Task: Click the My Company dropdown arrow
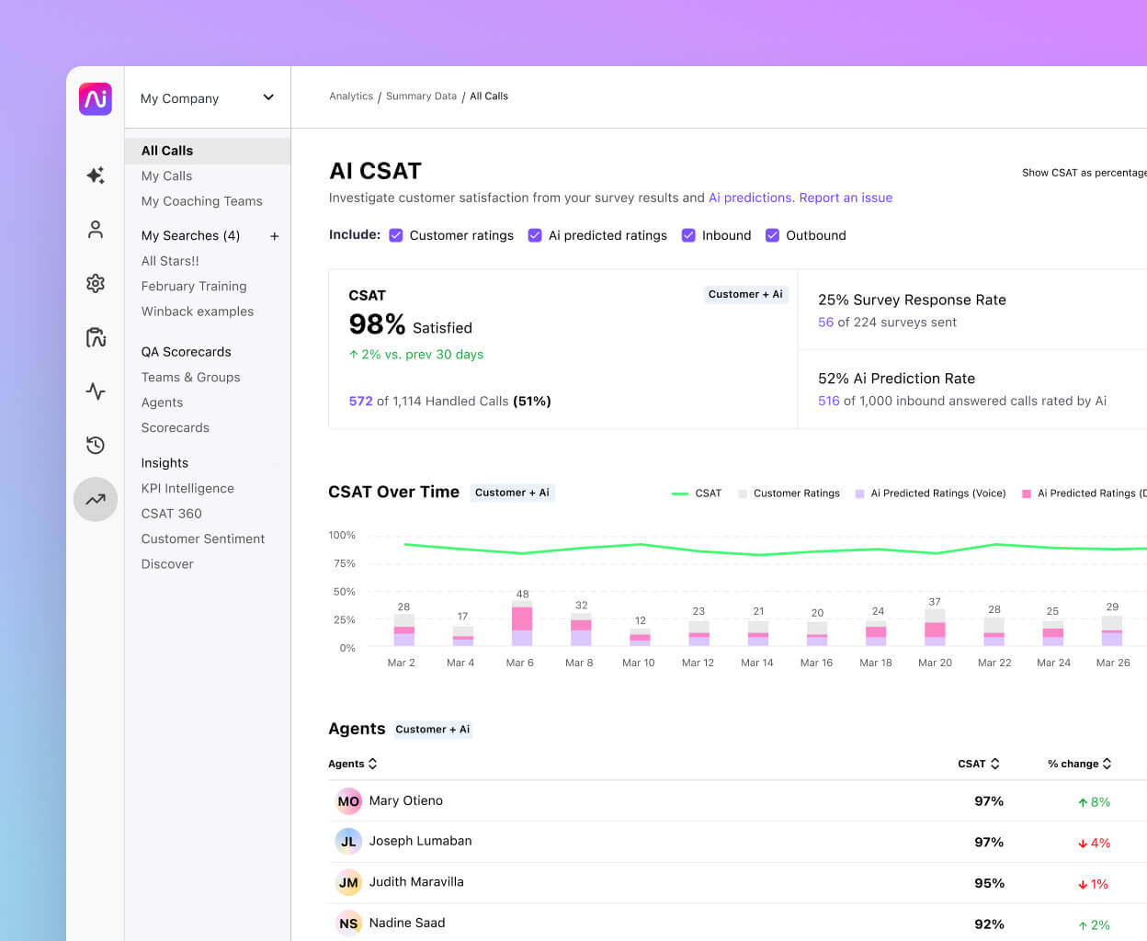[x=268, y=97]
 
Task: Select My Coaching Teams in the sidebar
[x=201, y=201]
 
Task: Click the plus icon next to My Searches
[x=274, y=236]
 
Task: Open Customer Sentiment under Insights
[x=202, y=539]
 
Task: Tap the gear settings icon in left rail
[x=96, y=283]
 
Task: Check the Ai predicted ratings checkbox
[x=535, y=235]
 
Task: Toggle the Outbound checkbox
[x=772, y=235]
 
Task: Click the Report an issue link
[x=846, y=198]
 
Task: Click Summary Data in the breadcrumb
[x=421, y=96]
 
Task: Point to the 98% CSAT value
[x=377, y=324]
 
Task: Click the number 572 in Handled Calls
[x=360, y=402]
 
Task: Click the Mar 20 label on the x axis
[x=935, y=663]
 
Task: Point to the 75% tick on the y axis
[x=344, y=563]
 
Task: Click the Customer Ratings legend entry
[x=796, y=493]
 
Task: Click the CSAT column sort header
[x=978, y=764]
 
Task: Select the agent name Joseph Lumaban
[x=420, y=841]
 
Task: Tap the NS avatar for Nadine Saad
[x=348, y=924]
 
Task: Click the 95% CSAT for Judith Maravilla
[x=989, y=883]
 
